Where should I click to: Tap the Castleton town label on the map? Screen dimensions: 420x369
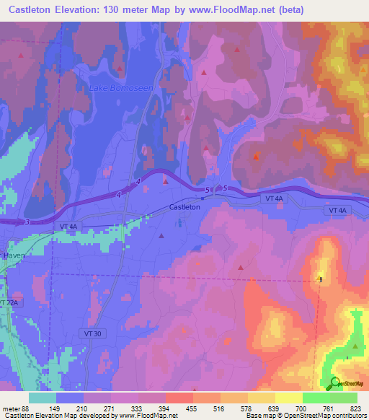[x=184, y=207]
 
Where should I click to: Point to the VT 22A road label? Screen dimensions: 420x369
[x=8, y=304]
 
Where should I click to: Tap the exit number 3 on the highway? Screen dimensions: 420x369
[x=26, y=222]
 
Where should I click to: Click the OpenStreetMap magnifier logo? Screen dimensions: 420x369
[x=335, y=384]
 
